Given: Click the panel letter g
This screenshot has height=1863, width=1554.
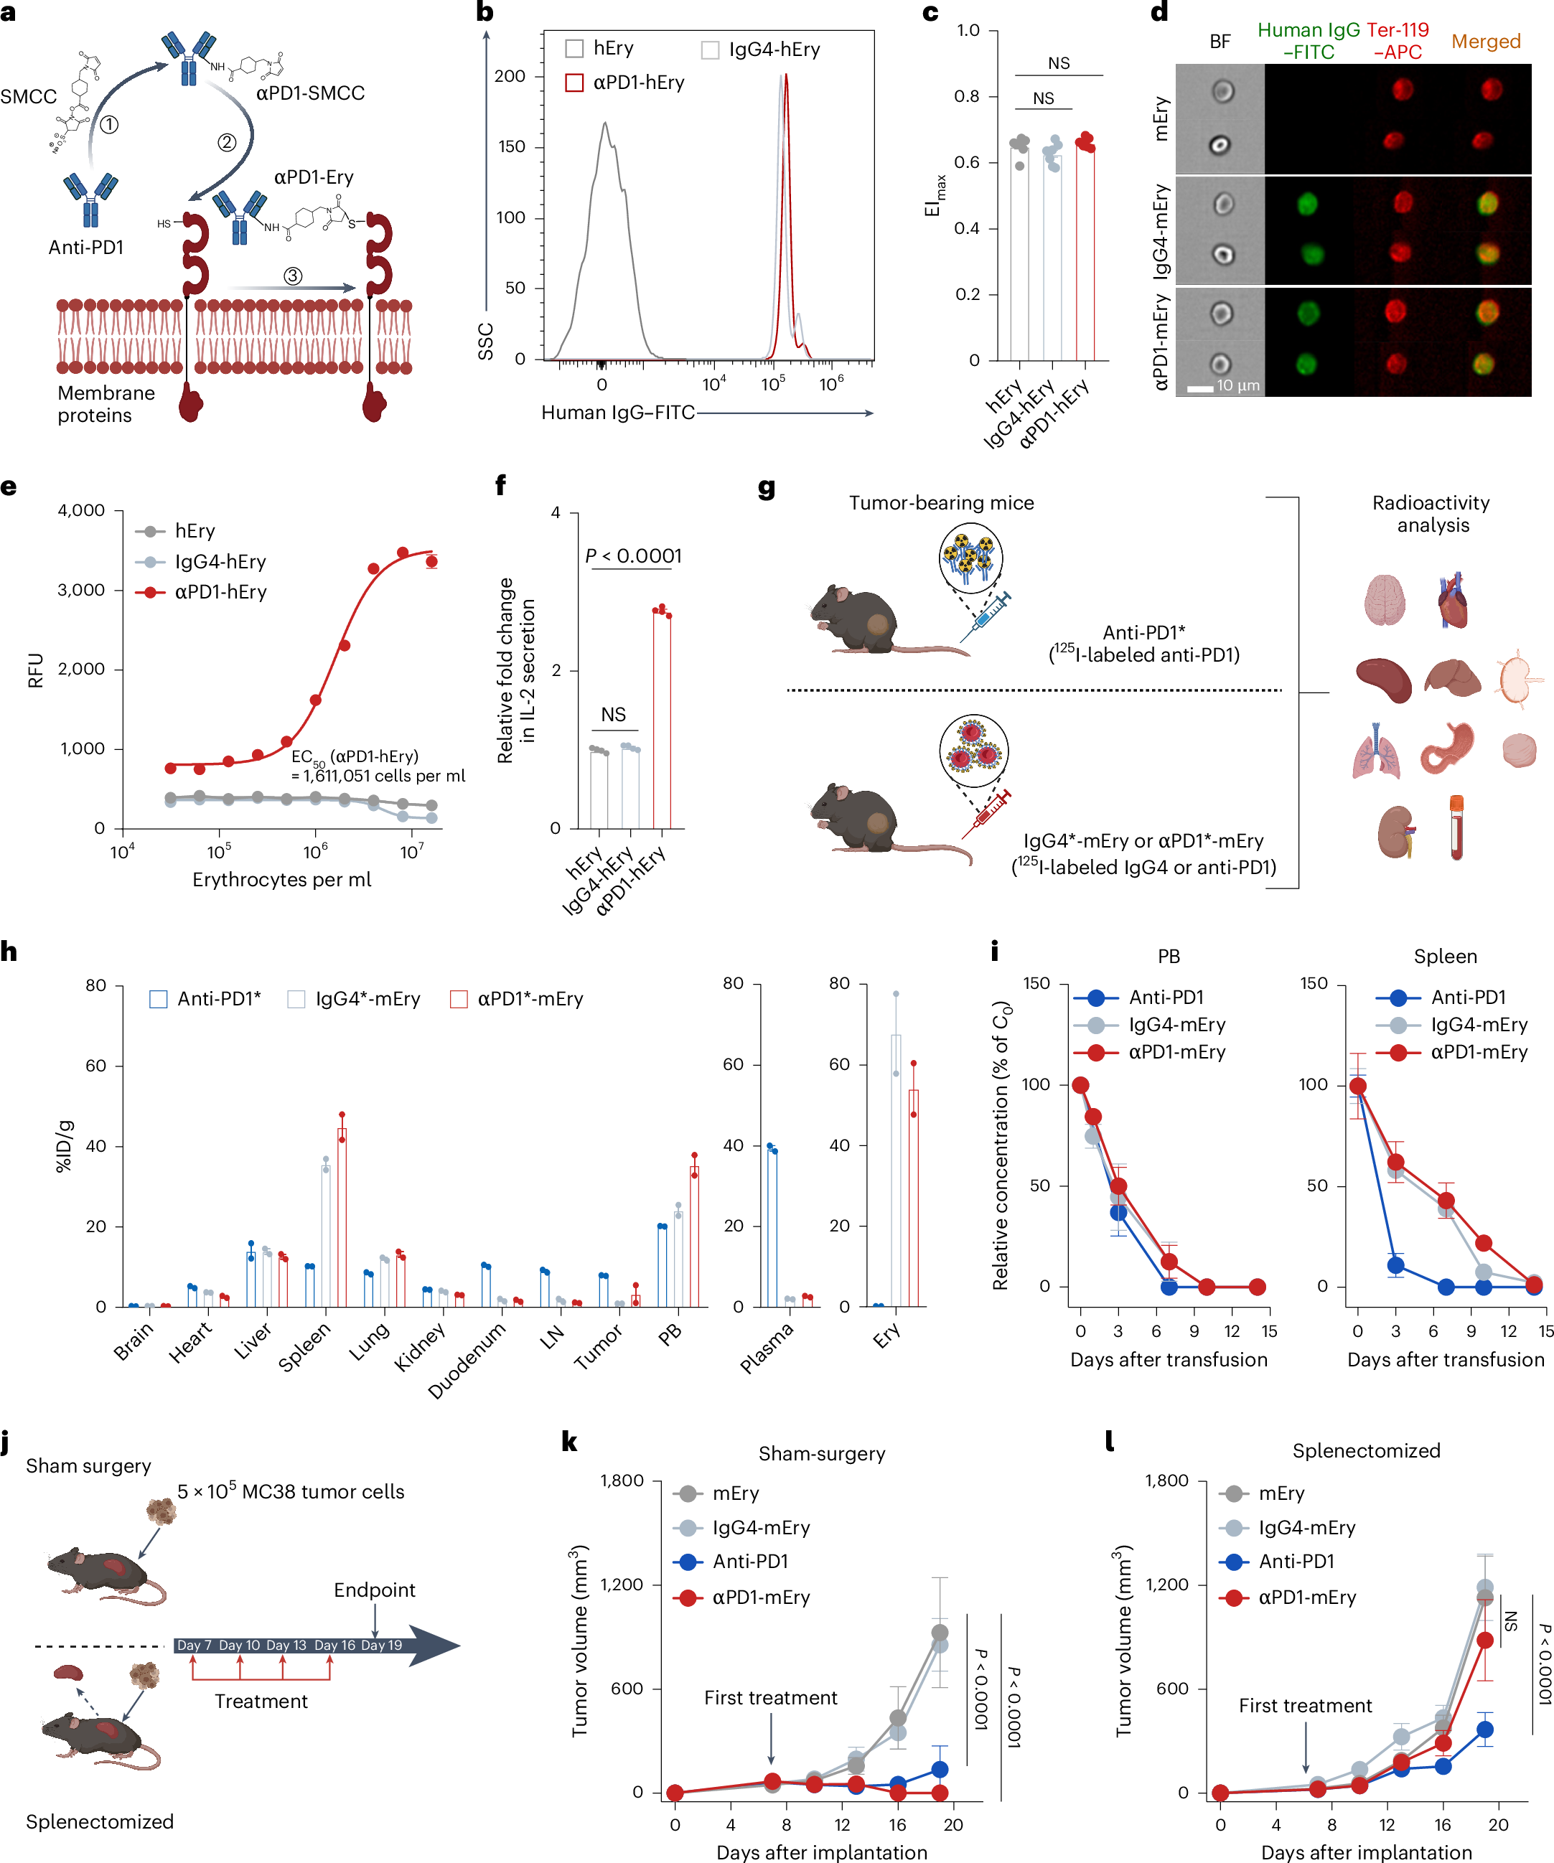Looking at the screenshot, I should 767,488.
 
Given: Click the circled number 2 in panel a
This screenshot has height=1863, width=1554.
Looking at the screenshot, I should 228,142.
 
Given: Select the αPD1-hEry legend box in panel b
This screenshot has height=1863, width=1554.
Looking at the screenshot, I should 574,83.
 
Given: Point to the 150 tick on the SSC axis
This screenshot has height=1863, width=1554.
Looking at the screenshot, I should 511,146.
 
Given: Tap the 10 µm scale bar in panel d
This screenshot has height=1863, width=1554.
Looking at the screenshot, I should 1201,388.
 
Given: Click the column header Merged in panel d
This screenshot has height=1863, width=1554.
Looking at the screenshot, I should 1486,42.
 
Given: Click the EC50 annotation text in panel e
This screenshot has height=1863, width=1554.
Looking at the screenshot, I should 377,766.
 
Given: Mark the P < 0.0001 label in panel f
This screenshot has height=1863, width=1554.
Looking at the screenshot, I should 633,556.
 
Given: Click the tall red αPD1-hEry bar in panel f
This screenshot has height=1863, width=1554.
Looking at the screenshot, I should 662,718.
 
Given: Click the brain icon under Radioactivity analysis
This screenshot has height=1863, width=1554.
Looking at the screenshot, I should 1385,600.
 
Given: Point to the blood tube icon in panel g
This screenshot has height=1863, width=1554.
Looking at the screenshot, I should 1456,827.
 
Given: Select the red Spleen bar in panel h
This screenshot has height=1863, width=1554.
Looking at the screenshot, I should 342,1216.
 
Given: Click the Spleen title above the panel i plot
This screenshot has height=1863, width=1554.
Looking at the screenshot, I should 1445,957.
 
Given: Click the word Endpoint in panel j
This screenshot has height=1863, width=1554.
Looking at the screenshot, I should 374,1590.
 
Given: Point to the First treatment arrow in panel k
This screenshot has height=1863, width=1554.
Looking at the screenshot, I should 770,1740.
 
